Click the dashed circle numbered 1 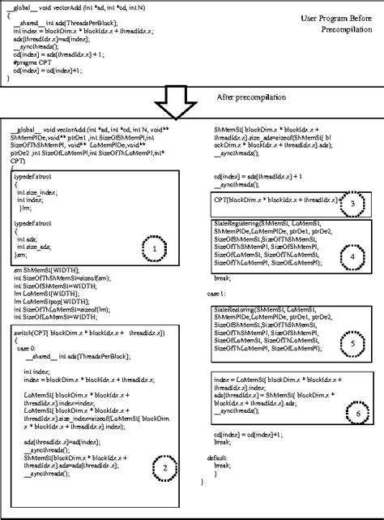[x=154, y=249]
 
